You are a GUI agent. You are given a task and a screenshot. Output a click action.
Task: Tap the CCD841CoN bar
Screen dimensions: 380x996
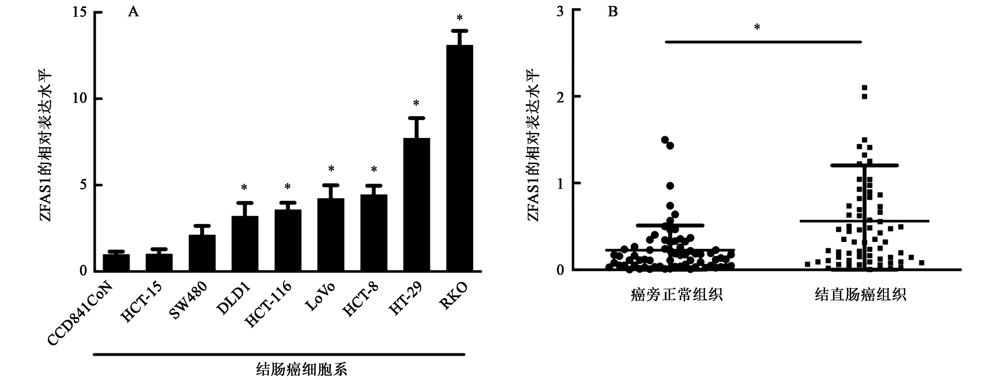(x=116, y=263)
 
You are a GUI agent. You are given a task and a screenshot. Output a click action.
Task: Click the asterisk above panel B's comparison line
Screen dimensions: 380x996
(x=757, y=27)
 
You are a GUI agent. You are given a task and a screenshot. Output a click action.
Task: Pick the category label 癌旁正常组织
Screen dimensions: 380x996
(x=676, y=295)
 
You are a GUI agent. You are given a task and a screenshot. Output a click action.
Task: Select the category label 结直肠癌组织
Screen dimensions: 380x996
(x=860, y=295)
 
